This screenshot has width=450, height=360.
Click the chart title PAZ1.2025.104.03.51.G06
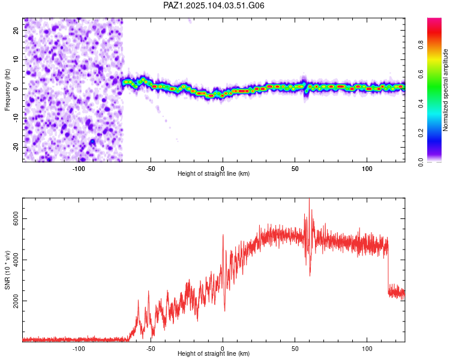tap(214, 5)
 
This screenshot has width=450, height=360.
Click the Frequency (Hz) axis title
tap(7, 90)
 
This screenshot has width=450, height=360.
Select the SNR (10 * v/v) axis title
tap(7, 270)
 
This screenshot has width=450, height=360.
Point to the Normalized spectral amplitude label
tap(445, 90)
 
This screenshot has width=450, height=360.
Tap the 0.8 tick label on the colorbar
tap(421, 45)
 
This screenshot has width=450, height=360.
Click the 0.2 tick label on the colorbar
tap(421, 133)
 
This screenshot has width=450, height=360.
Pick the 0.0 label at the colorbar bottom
tap(421, 162)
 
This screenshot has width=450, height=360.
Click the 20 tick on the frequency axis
tap(16, 30)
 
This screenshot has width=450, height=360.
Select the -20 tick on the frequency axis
tap(16, 148)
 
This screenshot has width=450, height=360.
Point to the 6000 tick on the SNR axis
tap(16, 219)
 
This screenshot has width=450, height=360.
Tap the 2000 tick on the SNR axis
tap(16, 301)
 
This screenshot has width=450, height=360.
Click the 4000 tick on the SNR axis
tap(16, 260)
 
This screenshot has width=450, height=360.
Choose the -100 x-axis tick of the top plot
tap(79, 169)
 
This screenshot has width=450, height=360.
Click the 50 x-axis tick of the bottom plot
tap(295, 349)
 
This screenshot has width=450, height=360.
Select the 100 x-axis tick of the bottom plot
tap(367, 349)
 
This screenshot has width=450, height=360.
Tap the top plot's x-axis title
tap(214, 173)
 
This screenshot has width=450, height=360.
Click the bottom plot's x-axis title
tap(214, 353)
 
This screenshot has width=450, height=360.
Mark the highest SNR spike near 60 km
tap(309, 199)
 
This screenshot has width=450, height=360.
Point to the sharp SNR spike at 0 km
tap(223, 235)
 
